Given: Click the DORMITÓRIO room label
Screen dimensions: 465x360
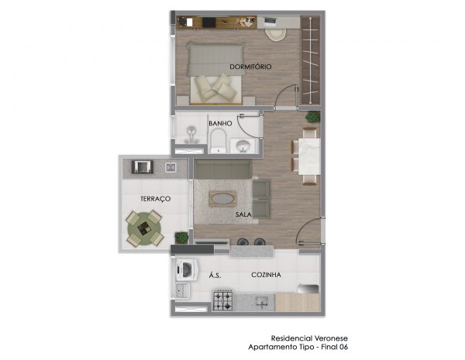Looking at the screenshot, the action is [250, 67].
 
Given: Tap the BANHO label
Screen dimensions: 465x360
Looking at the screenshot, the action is [220, 123].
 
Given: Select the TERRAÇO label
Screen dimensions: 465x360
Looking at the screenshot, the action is [156, 198].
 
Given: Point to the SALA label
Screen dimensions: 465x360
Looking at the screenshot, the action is [243, 214].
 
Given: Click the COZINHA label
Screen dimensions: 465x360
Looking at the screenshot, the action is [266, 275].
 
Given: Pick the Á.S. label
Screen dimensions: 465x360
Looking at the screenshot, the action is [215, 276].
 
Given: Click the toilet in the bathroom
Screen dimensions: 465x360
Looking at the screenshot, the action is [219, 141].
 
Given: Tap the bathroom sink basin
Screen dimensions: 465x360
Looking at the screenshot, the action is [243, 146].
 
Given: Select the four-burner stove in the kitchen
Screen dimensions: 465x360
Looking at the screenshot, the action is [223, 300].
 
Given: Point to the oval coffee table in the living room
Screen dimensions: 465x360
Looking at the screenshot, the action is [222, 198].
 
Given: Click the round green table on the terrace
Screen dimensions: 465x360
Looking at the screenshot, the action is [144, 228].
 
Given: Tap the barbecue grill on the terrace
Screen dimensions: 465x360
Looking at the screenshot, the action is [143, 166].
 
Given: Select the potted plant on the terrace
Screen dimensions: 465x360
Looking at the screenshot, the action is [181, 238].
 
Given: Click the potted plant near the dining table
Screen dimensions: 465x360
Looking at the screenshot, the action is [313, 117].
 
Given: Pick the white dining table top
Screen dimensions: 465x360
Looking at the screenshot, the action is [309, 156].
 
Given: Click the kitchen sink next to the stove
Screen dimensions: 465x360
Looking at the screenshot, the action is [262, 302].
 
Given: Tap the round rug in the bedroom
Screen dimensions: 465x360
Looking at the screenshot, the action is [275, 34].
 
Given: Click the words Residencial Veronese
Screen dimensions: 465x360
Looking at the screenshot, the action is [309, 338].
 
